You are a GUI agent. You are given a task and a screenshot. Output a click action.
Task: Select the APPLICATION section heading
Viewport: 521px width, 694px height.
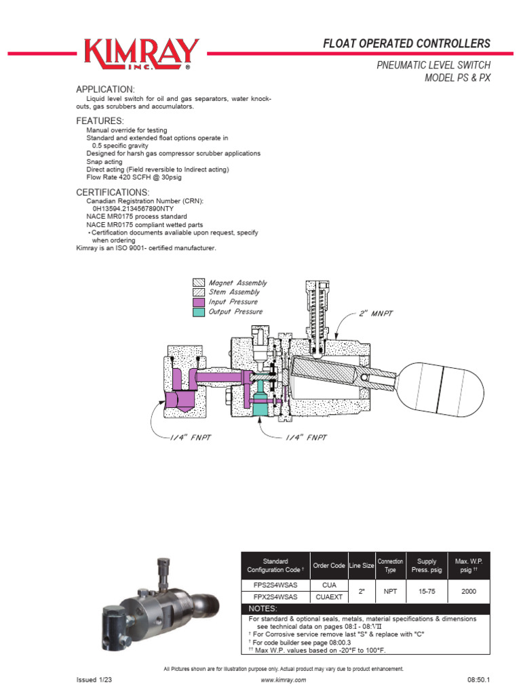click(105, 90)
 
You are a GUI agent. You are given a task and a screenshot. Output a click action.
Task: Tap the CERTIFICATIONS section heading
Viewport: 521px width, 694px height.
click(112, 192)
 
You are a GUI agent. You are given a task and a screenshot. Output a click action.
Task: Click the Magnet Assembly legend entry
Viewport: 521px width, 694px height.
click(230, 283)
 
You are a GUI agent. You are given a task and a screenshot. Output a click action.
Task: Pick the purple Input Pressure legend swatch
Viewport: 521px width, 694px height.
click(199, 302)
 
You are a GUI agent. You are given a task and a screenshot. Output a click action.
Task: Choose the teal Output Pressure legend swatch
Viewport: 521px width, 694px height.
click(199, 312)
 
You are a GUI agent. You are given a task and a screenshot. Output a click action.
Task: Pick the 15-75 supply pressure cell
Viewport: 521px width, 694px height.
click(427, 591)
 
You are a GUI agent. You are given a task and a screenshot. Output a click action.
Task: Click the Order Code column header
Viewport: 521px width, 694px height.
click(329, 565)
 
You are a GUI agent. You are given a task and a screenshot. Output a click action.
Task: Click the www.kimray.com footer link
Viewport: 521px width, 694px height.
click(283, 680)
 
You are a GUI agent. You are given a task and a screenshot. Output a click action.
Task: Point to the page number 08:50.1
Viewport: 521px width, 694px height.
click(478, 680)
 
